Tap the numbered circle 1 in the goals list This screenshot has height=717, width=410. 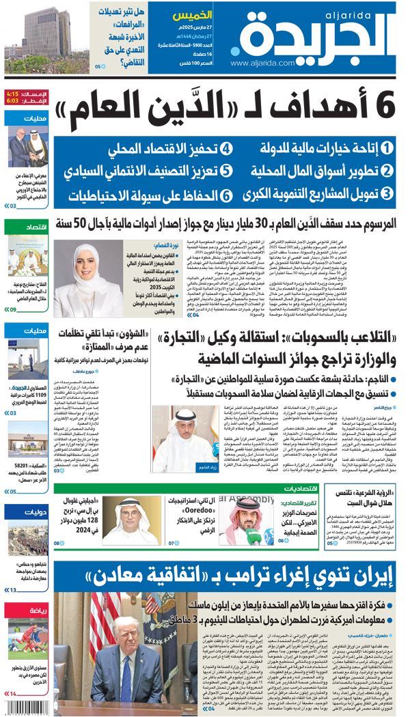point(387,148)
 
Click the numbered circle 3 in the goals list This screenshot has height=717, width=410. point(387,195)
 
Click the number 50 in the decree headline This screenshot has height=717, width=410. point(87,223)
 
